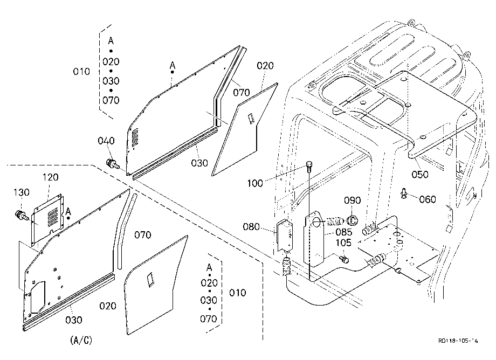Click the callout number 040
click(106, 141)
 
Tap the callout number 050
click(420, 174)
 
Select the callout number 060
click(428, 199)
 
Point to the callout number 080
click(251, 227)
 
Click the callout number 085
click(343, 232)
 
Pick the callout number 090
click(353, 200)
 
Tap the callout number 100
click(254, 183)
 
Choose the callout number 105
click(343, 243)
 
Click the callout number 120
click(51, 177)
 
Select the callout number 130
click(22, 192)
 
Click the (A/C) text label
click(81, 340)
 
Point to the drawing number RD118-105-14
click(458, 341)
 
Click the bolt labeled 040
click(112, 164)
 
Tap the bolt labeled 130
click(22, 216)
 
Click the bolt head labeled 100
click(309, 165)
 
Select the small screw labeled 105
click(344, 259)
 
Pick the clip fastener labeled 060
click(404, 193)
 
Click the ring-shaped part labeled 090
click(352, 219)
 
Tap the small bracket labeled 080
click(285, 236)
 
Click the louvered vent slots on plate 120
click(52, 217)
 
